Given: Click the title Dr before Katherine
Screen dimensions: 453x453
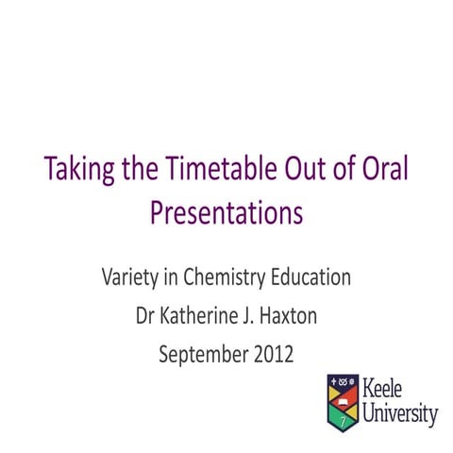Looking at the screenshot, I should (147, 316).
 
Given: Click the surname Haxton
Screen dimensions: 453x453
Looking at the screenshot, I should (286, 316).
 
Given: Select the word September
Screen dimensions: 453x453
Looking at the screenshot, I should (200, 355).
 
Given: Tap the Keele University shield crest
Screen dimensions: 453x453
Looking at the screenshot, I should (343, 400).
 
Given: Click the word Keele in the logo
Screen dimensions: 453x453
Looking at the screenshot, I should (389, 388).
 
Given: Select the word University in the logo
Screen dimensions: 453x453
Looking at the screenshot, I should (400, 412).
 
